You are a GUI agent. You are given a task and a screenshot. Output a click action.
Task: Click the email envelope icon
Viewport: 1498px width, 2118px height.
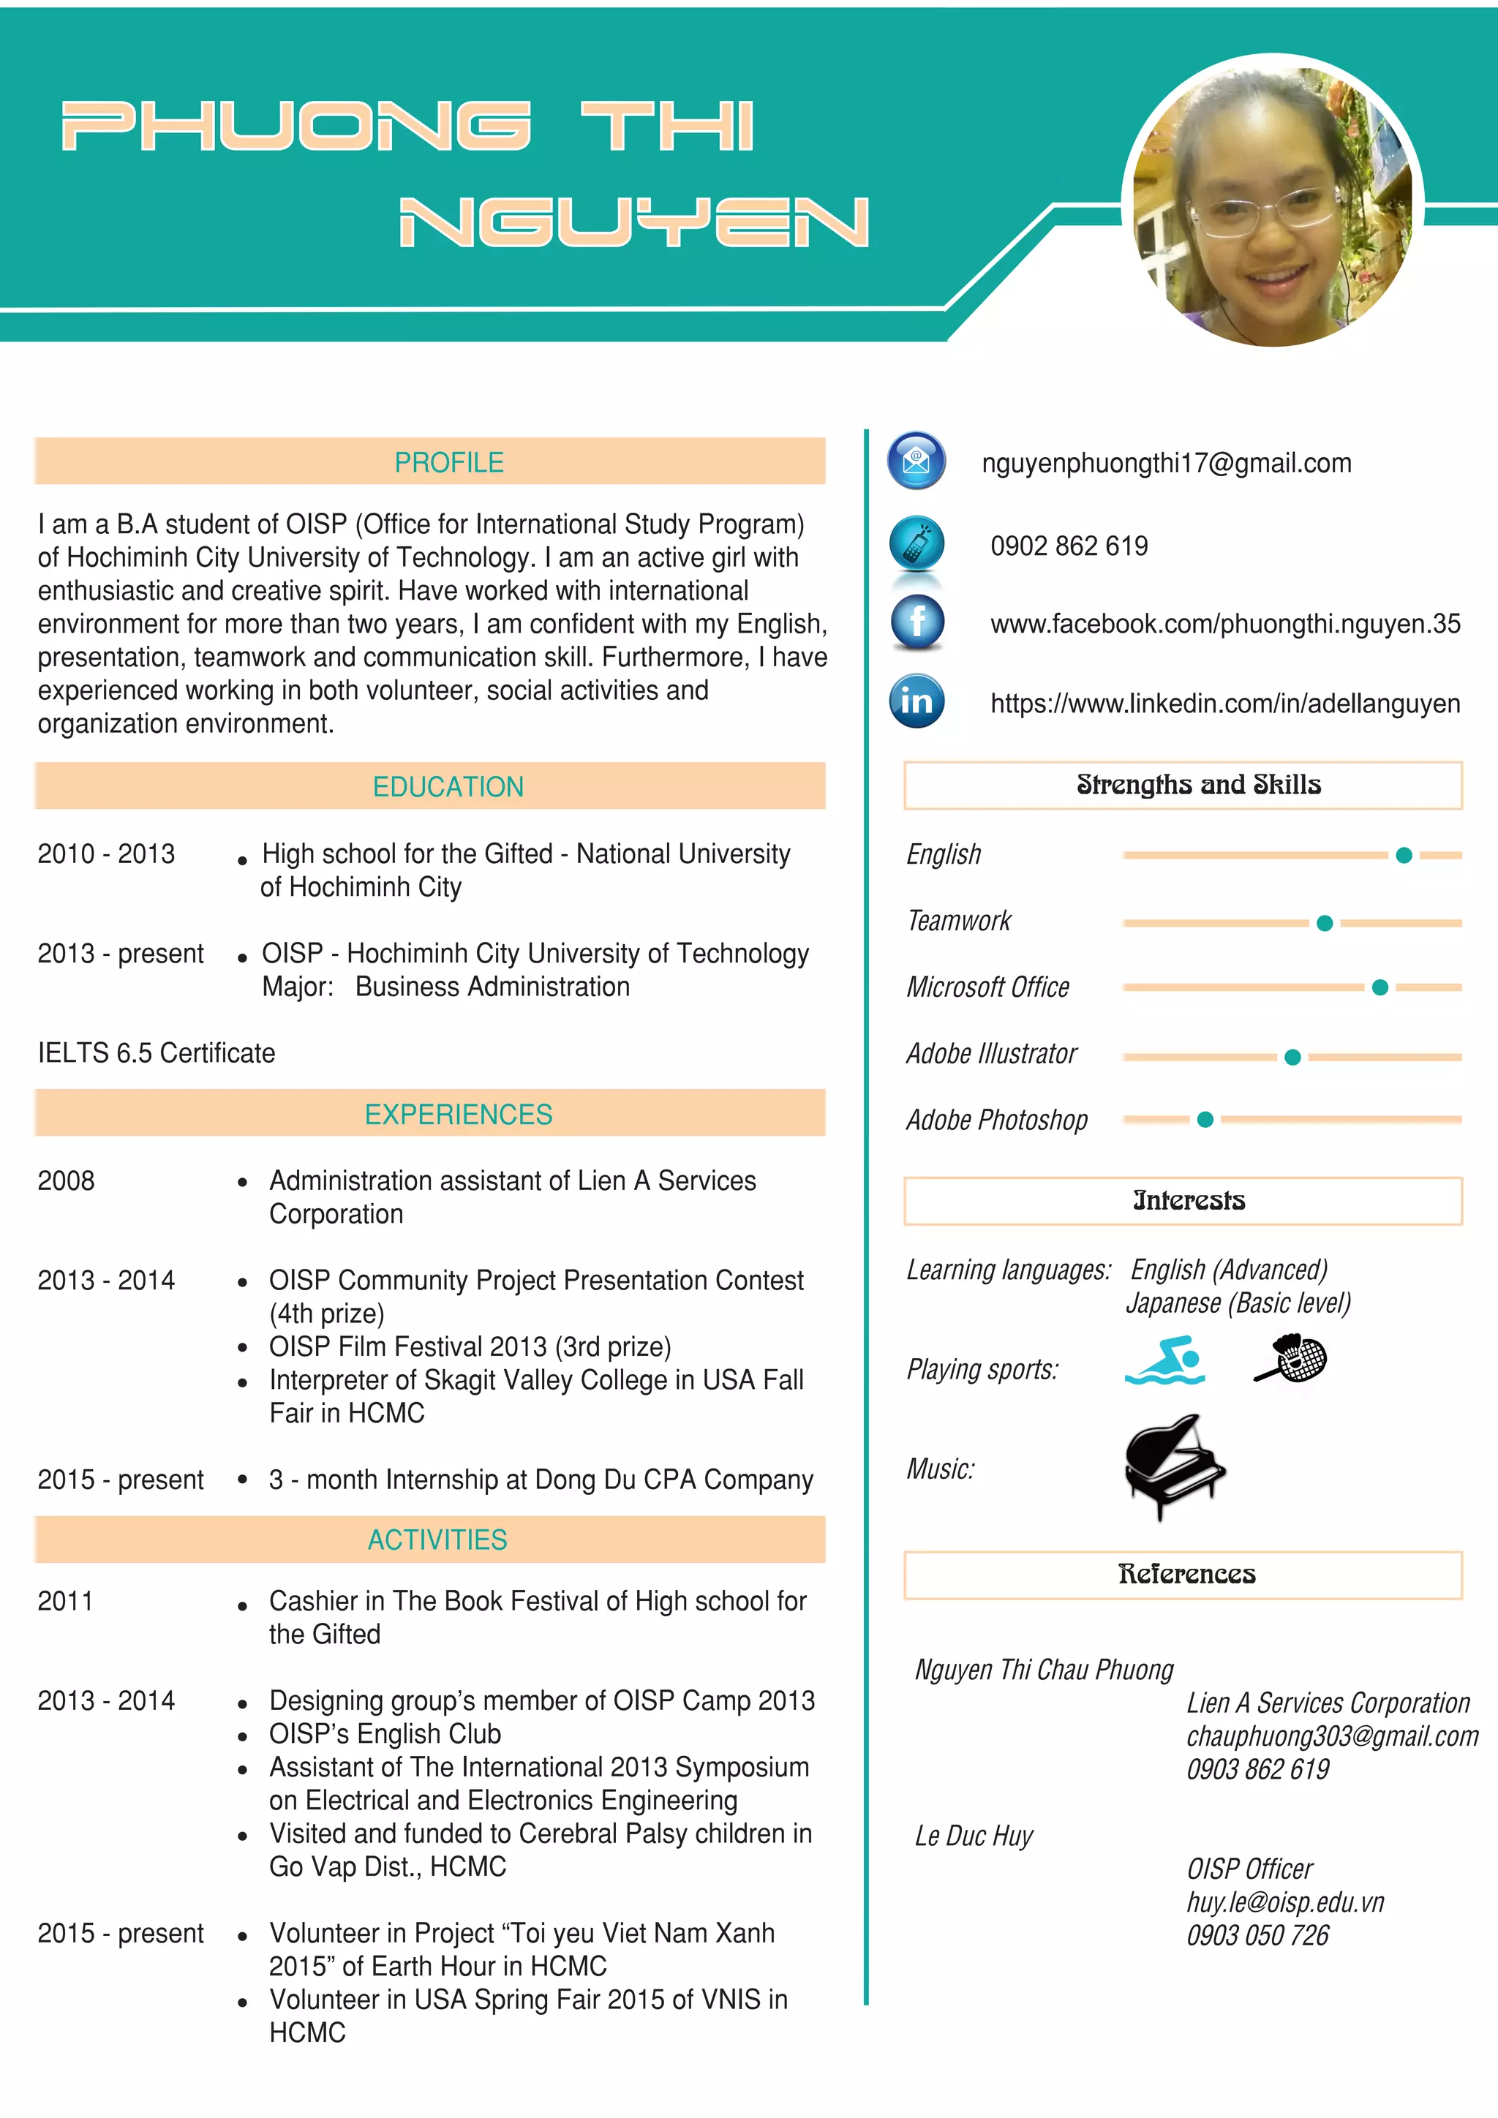tap(916, 460)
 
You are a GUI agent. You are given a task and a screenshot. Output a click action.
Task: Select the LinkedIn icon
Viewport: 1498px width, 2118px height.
tap(916, 701)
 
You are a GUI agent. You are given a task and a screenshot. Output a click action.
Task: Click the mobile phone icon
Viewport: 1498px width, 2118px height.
tap(916, 543)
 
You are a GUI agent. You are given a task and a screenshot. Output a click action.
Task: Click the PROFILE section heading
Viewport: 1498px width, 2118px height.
tap(449, 462)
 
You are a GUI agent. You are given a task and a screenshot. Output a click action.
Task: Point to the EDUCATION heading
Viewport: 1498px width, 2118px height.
tap(448, 787)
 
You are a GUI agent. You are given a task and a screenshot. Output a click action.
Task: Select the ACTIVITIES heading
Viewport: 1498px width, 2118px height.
tap(437, 1539)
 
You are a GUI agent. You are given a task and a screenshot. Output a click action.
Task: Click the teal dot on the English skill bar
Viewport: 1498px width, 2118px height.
tap(1404, 855)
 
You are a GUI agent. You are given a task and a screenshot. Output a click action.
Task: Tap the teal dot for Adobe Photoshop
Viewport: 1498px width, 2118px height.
tap(1205, 1120)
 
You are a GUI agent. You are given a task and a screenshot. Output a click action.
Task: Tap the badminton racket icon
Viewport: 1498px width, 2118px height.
tap(1292, 1358)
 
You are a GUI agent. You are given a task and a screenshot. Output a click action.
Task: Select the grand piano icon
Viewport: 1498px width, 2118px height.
tap(1173, 1465)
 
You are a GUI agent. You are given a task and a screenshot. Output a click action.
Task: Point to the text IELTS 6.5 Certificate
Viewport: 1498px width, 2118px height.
tap(156, 1052)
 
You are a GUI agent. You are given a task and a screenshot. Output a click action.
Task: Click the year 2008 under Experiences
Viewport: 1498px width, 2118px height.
tap(66, 1180)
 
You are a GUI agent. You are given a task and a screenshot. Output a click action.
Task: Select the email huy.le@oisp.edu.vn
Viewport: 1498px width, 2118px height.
tap(1285, 1902)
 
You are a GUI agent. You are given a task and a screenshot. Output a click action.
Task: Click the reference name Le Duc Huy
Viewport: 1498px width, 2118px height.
tap(973, 1836)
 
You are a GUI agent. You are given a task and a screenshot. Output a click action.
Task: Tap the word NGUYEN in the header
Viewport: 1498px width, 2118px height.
tap(633, 222)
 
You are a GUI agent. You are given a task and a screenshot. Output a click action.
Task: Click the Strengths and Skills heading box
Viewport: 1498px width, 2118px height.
tap(1183, 785)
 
